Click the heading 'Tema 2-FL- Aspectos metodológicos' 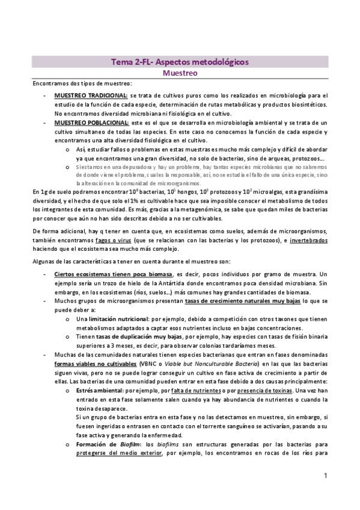[180, 62]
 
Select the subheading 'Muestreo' [180, 73]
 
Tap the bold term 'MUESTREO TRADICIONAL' [91, 95]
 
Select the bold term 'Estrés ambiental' [100, 391]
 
